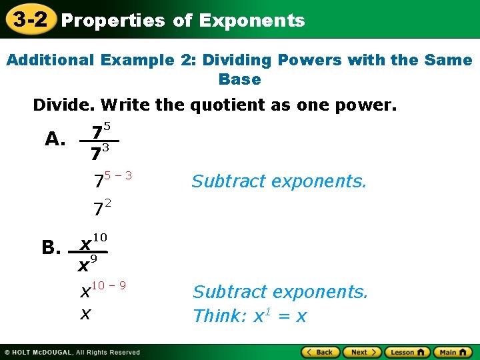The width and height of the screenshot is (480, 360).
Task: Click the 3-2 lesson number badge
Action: [30, 20]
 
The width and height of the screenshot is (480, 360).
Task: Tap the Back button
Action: [321, 352]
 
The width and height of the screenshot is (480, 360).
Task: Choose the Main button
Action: [452, 352]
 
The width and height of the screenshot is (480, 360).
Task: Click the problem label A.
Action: [55, 139]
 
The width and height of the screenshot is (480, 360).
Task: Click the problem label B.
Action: [51, 249]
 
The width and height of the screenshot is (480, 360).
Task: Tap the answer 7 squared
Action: [101, 208]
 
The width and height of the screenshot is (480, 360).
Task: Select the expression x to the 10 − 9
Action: [103, 289]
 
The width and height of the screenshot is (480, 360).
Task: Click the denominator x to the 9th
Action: [87, 264]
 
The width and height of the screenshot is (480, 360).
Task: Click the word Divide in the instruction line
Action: [62, 105]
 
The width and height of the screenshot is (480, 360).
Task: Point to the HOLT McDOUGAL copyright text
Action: [72, 352]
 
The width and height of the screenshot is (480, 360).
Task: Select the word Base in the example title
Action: [239, 79]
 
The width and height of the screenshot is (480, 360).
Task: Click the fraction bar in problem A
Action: [99, 141]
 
